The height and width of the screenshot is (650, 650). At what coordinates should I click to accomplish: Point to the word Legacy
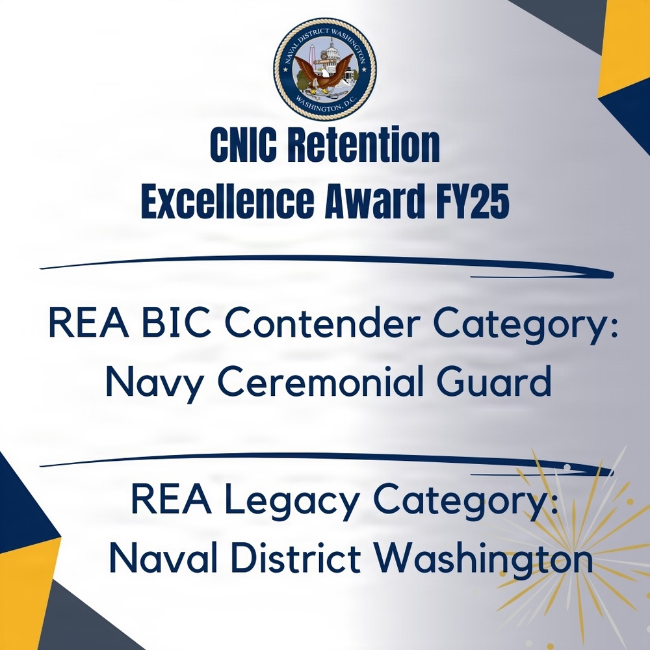click(296, 501)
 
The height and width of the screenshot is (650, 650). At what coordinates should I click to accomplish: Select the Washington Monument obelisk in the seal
click(313, 58)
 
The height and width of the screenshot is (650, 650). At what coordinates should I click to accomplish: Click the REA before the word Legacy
click(166, 501)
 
